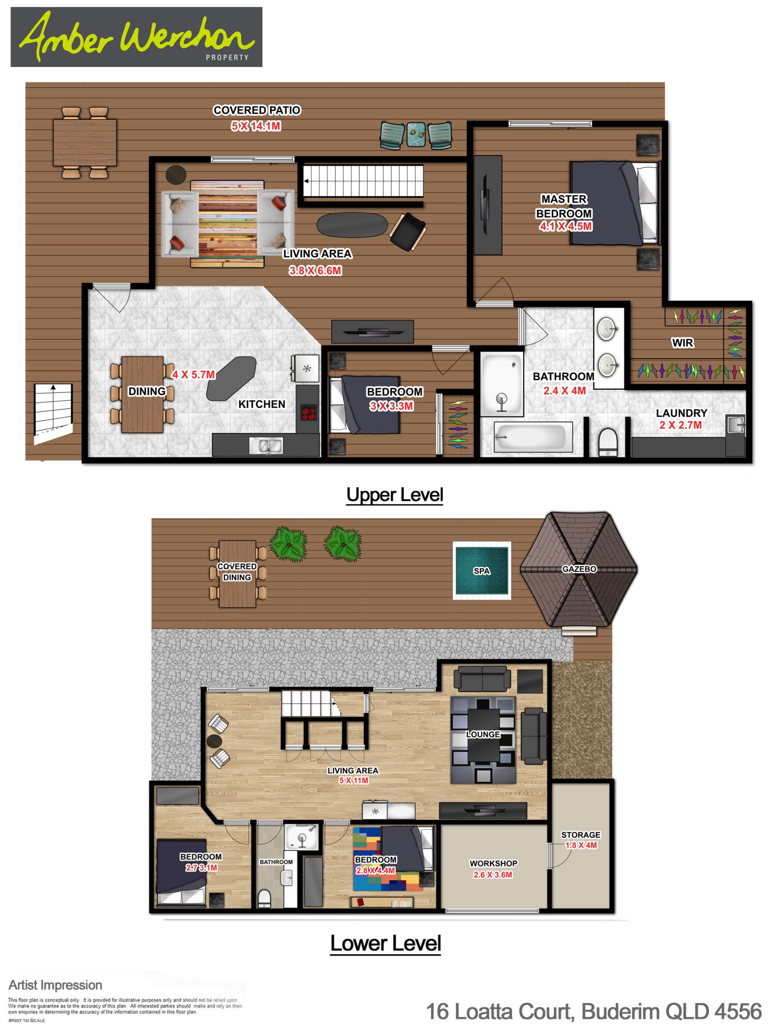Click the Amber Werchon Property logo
pyautogui.click(x=136, y=37)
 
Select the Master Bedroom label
pyautogui.click(x=564, y=206)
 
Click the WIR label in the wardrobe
pyautogui.click(x=682, y=343)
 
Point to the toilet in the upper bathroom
pyautogui.click(x=608, y=442)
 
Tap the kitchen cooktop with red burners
pyautogui.click(x=308, y=412)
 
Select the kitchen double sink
pyautogui.click(x=266, y=445)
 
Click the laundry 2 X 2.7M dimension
pyautogui.click(x=680, y=425)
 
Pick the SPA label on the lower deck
pyautogui.click(x=482, y=571)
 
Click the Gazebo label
pyautogui.click(x=579, y=569)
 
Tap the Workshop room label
pyautogui.click(x=494, y=863)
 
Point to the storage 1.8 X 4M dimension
pyautogui.click(x=581, y=845)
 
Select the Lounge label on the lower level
pyautogui.click(x=483, y=734)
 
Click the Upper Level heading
pyautogui.click(x=395, y=495)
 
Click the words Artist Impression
pyautogui.click(x=56, y=985)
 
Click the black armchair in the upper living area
pyautogui.click(x=408, y=232)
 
